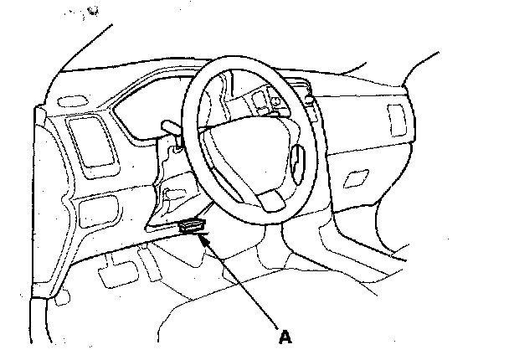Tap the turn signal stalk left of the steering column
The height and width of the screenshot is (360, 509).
(x=167, y=126)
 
